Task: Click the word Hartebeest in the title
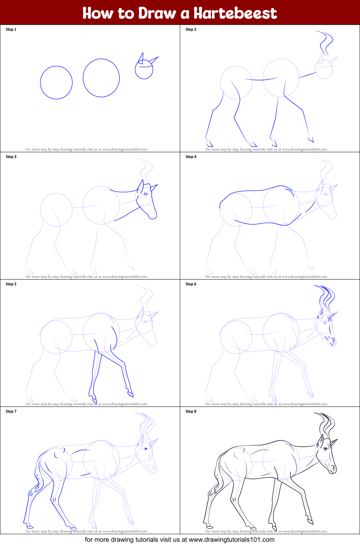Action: pos(235,13)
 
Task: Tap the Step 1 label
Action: pos(11,30)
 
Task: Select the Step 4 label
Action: pos(191,157)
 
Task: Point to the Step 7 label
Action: pos(11,412)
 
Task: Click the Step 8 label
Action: pos(191,412)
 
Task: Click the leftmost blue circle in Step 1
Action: pos(56,83)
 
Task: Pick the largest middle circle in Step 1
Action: pos(101,78)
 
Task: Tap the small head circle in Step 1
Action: pos(144,70)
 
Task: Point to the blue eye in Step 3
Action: pos(146,194)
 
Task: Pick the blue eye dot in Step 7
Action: pos(146,449)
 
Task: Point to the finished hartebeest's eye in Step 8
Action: pos(325,449)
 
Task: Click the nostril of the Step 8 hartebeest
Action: pos(334,468)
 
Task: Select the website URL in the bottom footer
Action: pos(231,540)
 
